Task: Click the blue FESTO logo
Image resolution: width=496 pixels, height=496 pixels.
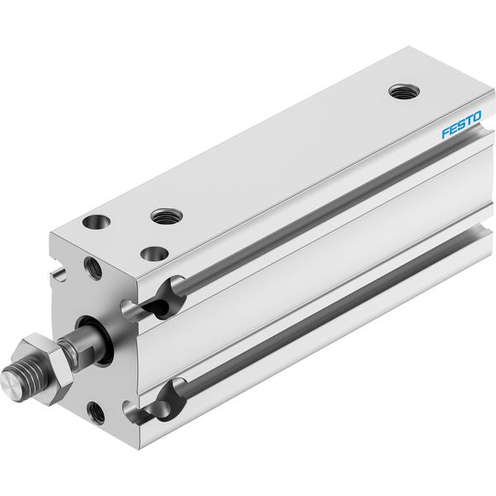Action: [461, 124]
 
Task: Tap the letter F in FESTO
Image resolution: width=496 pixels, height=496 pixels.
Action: [446, 132]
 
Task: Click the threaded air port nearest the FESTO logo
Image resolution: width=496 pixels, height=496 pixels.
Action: [404, 92]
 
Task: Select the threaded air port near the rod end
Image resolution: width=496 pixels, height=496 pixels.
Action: [166, 217]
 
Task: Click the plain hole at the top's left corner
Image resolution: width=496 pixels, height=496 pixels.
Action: [97, 222]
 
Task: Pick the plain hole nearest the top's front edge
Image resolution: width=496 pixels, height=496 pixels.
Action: [155, 254]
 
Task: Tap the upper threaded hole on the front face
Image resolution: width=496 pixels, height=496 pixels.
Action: [93, 268]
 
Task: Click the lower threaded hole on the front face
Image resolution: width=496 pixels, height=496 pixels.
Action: [96, 413]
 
